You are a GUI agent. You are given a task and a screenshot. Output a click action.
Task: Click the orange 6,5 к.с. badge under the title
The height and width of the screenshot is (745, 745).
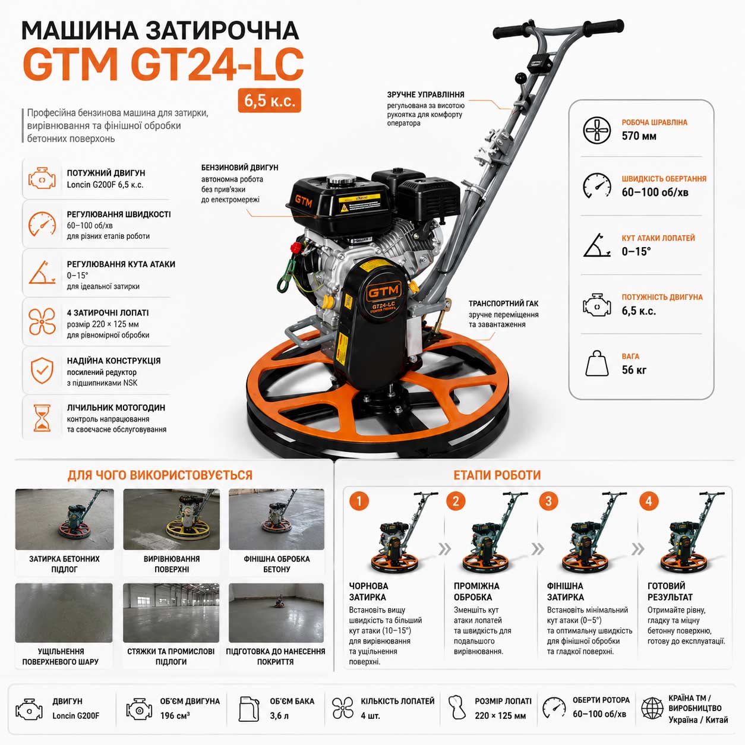click(x=270, y=100)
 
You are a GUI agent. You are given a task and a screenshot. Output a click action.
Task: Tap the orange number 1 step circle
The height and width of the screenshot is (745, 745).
click(x=359, y=501)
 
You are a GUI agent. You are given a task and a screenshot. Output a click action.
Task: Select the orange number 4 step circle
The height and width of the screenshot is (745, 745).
click(x=649, y=501)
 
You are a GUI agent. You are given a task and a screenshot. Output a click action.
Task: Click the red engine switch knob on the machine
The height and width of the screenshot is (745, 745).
click(x=296, y=247)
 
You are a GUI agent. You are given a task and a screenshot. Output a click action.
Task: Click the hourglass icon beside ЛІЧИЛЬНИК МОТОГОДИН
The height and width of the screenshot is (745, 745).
click(x=42, y=418)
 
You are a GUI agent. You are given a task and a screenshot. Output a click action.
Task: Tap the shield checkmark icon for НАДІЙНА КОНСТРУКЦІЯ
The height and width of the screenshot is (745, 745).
click(x=42, y=370)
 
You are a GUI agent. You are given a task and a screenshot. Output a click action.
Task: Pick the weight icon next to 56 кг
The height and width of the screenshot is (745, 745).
click(x=597, y=364)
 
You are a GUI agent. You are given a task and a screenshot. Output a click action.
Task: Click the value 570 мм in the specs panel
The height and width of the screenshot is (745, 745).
click(x=639, y=136)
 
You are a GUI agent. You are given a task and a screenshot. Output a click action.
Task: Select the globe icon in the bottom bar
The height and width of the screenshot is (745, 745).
click(x=652, y=708)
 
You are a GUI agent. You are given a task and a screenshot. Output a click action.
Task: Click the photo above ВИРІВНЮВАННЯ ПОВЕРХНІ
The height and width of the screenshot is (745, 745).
click(x=172, y=519)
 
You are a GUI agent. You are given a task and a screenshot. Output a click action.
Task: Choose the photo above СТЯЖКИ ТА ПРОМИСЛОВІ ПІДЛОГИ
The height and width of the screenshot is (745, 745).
click(x=171, y=613)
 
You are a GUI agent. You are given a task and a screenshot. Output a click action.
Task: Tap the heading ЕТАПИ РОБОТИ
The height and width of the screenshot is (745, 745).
click(x=497, y=475)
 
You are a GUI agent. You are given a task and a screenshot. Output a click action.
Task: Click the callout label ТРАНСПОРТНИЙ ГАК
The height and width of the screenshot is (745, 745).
click(x=503, y=304)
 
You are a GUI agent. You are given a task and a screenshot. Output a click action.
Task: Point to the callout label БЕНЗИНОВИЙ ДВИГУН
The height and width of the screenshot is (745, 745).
click(x=239, y=168)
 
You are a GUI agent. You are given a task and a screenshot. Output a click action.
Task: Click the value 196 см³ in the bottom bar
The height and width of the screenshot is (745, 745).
click(x=175, y=716)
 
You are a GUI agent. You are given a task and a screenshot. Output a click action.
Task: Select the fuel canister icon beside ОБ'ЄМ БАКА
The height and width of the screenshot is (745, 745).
click(x=249, y=709)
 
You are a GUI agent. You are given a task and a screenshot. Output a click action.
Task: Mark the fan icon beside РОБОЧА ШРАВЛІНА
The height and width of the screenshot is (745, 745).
click(x=597, y=130)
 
